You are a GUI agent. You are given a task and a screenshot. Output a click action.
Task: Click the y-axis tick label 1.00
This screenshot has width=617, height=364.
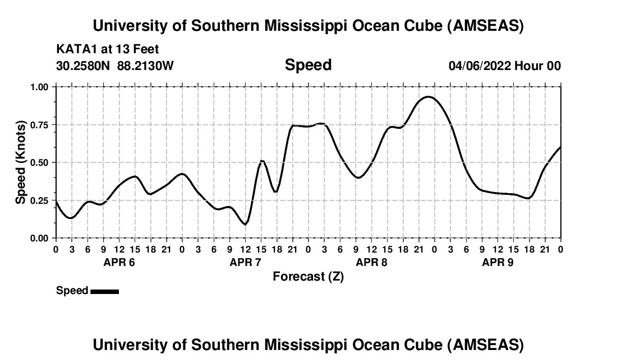tap(39, 87)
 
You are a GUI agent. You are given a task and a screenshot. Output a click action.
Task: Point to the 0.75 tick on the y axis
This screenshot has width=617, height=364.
tap(39, 125)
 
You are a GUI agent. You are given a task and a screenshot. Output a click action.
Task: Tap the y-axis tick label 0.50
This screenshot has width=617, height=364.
tap(39, 162)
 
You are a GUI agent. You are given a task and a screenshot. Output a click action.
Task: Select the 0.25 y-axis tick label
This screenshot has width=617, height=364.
tap(39, 200)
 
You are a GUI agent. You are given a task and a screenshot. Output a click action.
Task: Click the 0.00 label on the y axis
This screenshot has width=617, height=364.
tap(39, 238)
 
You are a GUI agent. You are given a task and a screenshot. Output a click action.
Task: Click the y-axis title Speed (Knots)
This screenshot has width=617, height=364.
tap(21, 162)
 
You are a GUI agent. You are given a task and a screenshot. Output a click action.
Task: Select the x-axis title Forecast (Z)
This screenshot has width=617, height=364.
tap(308, 277)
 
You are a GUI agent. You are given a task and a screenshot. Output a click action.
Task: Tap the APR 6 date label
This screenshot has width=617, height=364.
tap(119, 262)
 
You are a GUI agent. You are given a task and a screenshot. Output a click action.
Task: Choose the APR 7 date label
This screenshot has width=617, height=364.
tap(245, 262)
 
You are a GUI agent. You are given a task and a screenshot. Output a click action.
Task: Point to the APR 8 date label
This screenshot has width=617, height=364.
tap(371, 262)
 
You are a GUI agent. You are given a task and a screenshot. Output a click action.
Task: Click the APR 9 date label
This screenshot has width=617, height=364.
tap(498, 262)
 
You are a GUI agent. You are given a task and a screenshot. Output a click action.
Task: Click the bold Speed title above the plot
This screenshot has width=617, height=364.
tap(308, 65)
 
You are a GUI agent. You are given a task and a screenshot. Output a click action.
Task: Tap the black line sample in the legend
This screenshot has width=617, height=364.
tap(104, 291)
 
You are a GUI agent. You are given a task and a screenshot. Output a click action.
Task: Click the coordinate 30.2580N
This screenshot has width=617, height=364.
tap(84, 66)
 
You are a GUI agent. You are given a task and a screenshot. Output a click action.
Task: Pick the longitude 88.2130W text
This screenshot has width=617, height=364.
tap(145, 66)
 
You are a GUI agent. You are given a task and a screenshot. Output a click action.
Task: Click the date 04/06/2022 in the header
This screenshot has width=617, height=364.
tap(480, 66)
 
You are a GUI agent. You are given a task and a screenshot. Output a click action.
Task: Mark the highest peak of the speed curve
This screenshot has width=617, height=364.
tap(429, 97)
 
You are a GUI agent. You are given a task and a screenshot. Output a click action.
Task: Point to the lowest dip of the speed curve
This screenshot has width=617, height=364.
tap(245, 225)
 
